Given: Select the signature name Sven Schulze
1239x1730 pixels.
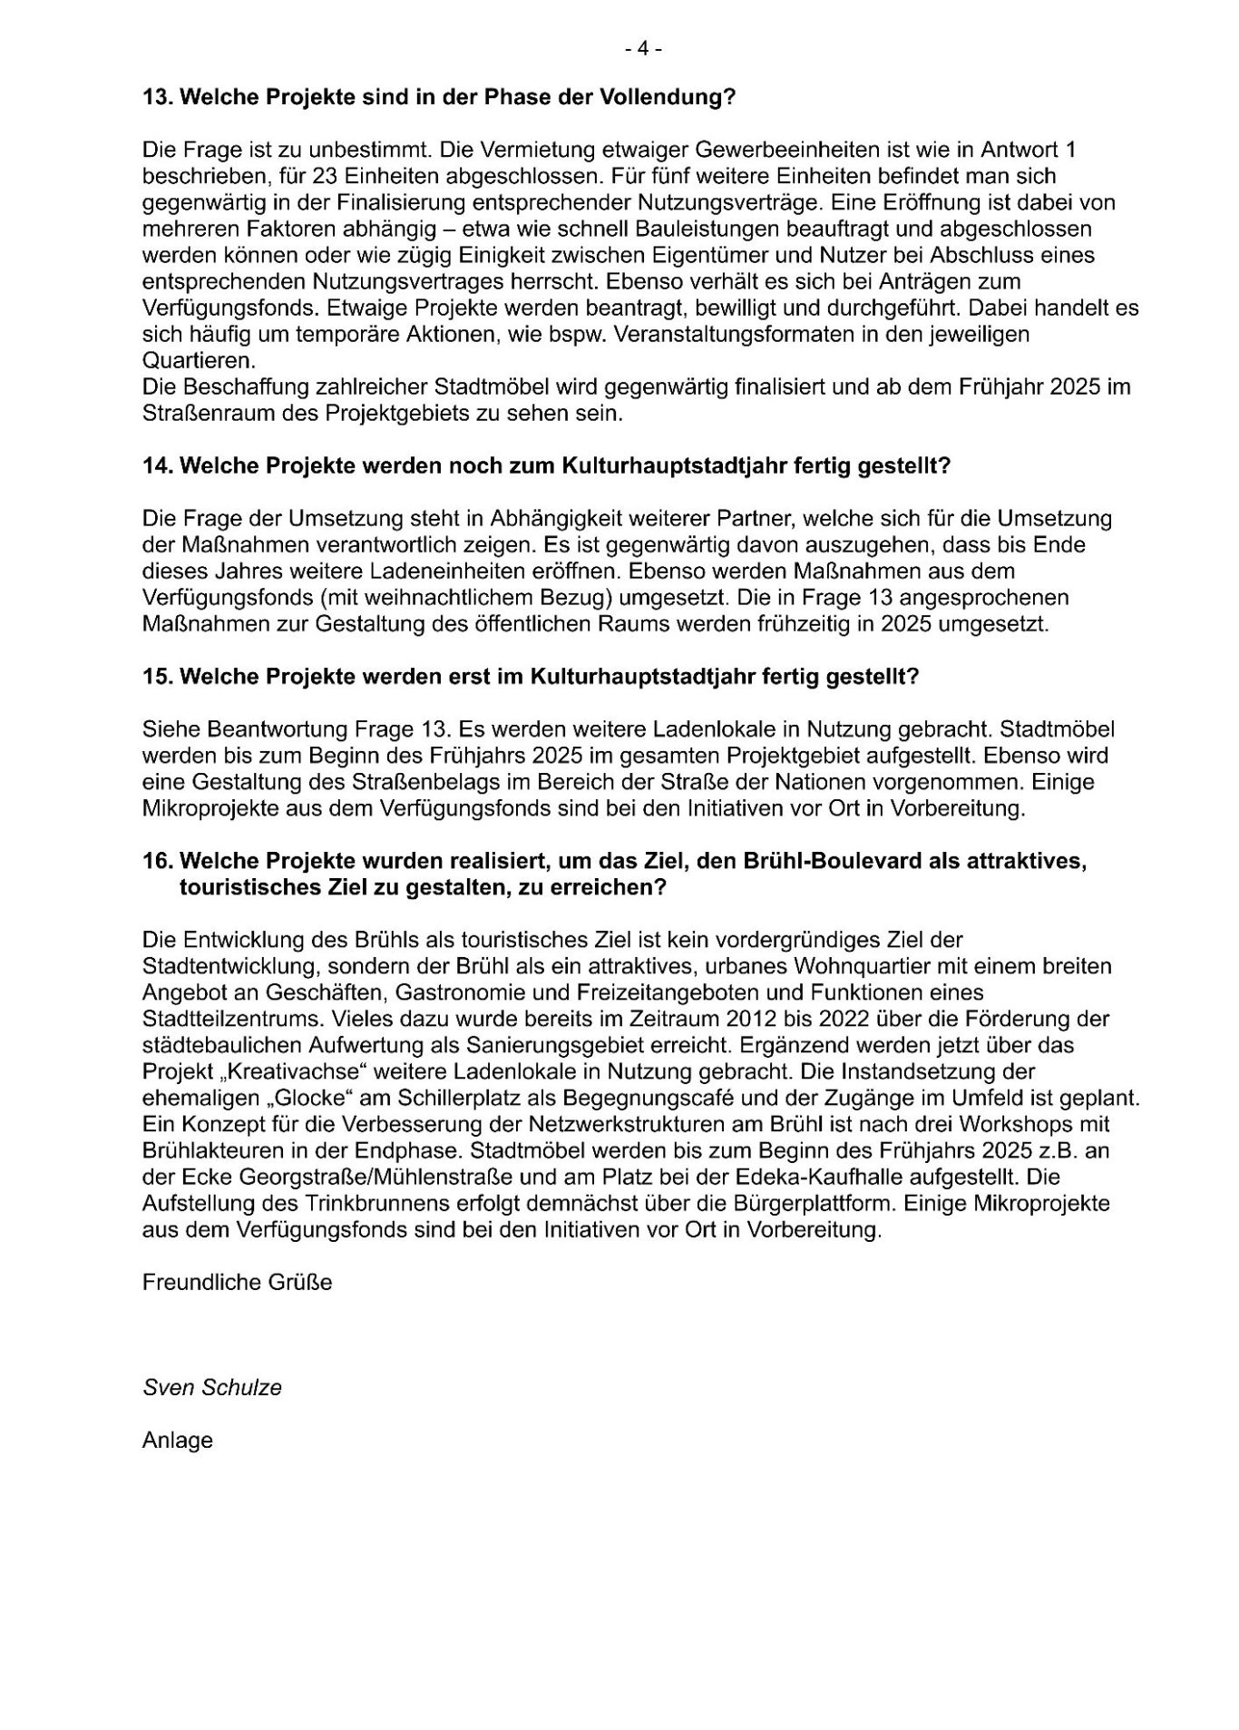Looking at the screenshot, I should tap(212, 1388).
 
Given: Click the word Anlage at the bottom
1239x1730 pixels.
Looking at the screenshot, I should tap(178, 1441).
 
